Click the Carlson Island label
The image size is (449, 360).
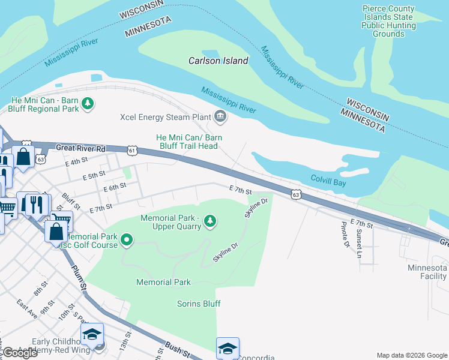point(218,61)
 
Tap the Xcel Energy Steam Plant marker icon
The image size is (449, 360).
point(220,116)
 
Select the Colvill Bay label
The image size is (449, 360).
point(328,179)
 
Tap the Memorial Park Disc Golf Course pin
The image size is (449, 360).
point(126,241)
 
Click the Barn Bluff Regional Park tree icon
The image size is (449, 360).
point(88,104)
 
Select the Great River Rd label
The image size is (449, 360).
point(80,148)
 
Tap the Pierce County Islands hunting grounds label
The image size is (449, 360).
point(388,22)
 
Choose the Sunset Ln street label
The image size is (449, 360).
point(359,243)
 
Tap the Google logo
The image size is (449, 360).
point(20,353)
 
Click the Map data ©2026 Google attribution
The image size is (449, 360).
point(411,355)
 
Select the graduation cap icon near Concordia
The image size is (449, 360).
point(228,349)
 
